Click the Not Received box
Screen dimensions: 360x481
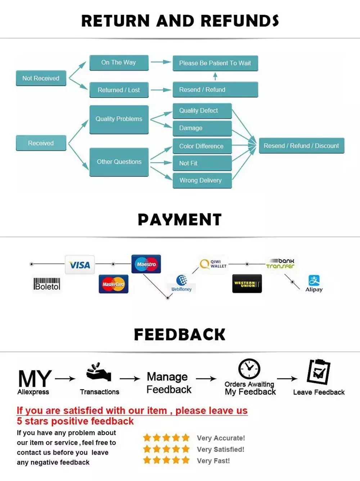pyautogui.click(x=41, y=78)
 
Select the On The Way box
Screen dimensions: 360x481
pyautogui.click(x=119, y=63)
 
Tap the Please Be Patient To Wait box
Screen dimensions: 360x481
pyautogui.click(x=215, y=63)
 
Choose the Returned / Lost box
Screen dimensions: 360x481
pyautogui.click(x=119, y=90)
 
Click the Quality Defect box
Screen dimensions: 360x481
pyautogui.click(x=202, y=111)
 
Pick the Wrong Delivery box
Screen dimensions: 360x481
pyautogui.click(x=202, y=181)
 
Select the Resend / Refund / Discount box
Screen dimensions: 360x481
pyautogui.click(x=302, y=146)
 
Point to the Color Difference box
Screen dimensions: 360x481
pyautogui.click(x=202, y=146)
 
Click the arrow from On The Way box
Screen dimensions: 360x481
pyautogui.click(x=161, y=62)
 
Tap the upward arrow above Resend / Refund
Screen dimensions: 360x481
pyautogui.click(x=215, y=76)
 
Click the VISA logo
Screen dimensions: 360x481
pyautogui.click(x=80, y=264)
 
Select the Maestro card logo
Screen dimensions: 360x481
pyautogui.click(x=146, y=264)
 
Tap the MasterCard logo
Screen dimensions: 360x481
pyautogui.click(x=114, y=284)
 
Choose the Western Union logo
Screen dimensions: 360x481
pyautogui.click(x=247, y=284)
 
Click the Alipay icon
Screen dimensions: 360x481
pyautogui.click(x=314, y=283)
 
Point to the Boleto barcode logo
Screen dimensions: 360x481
pyautogui.click(x=47, y=284)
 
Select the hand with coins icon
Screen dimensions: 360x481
pyautogui.click(x=99, y=372)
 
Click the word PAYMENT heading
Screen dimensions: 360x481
pyautogui.click(x=180, y=219)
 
